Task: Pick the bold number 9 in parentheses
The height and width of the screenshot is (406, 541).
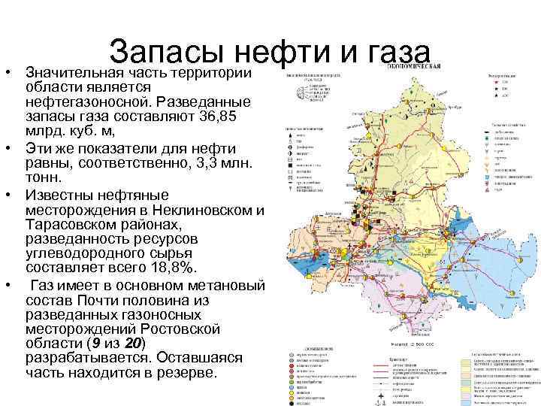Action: coord(93,344)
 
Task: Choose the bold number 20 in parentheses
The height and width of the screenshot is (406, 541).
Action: coord(133,344)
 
